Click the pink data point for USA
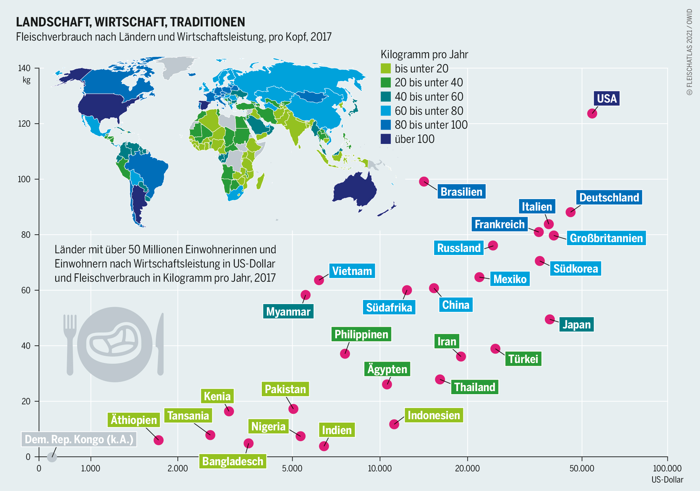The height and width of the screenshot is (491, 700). tap(592, 113)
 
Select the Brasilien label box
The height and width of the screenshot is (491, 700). tap(461, 192)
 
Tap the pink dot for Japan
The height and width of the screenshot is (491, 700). tap(550, 319)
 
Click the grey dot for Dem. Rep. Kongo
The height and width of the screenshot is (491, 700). tap(51, 457)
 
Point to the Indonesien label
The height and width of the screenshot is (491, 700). tap(434, 415)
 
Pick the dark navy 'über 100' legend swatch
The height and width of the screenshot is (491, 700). tap(386, 139)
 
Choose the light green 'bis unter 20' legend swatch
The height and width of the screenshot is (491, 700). tap(386, 68)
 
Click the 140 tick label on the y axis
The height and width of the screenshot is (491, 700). tap(24, 68)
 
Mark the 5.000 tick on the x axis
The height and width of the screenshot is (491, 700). tap(292, 469)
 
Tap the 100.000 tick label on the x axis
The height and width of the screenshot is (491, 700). tap(667, 469)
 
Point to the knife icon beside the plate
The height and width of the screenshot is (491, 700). tap(160, 344)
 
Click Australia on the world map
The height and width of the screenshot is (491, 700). tap(355, 190)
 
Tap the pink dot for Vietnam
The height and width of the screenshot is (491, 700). tap(319, 280)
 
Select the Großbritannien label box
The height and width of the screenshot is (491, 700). tap(606, 238)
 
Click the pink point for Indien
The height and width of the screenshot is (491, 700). tap(324, 446)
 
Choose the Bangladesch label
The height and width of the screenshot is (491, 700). tap(233, 461)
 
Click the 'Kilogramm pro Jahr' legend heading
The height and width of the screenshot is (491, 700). tap(424, 55)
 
